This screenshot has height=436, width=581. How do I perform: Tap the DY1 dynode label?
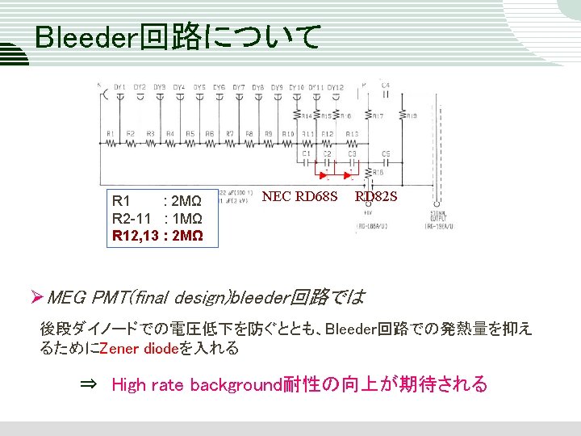tap(120, 87)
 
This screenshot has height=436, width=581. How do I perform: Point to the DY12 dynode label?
tap(336, 87)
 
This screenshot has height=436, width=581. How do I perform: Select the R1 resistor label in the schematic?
tap(110, 133)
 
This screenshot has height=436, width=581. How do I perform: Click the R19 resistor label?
tap(412, 116)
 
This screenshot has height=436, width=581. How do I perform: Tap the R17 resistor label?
tap(377, 116)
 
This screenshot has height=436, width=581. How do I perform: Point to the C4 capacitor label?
tap(385, 85)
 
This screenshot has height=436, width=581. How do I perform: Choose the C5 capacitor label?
tap(386, 153)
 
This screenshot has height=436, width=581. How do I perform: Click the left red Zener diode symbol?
tap(323, 174)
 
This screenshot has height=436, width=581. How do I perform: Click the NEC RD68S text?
tap(299, 196)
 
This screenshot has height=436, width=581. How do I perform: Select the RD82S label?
tap(376, 196)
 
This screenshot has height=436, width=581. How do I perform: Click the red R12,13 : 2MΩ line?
tap(157, 237)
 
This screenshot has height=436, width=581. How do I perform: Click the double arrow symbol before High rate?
tap(89, 384)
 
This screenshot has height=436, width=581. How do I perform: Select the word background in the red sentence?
tap(236, 384)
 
